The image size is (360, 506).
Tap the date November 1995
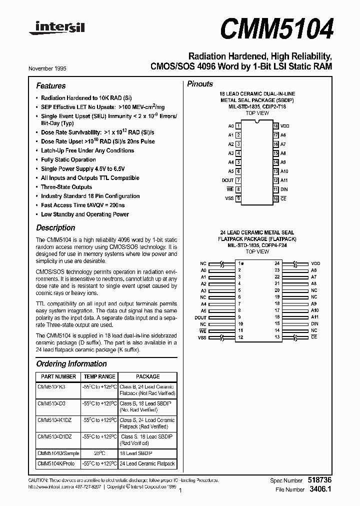click(x=47, y=68)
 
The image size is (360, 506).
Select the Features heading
click(x=51, y=86)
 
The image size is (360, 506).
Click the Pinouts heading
click(x=200, y=84)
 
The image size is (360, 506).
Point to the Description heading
click(x=55, y=227)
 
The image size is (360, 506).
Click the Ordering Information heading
click(x=71, y=364)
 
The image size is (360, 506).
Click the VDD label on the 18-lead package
click(x=285, y=126)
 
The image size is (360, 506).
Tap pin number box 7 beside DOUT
click(x=239, y=180)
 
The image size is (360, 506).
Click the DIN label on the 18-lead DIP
click(x=284, y=189)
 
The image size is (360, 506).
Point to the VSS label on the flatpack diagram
click(x=202, y=338)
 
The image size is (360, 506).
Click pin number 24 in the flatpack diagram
click(x=277, y=263)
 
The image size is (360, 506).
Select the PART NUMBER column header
click(x=58, y=376)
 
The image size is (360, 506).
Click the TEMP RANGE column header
click(x=99, y=376)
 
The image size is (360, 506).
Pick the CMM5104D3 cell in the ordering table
click(x=51, y=403)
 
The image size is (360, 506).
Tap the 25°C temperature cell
click(x=99, y=453)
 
